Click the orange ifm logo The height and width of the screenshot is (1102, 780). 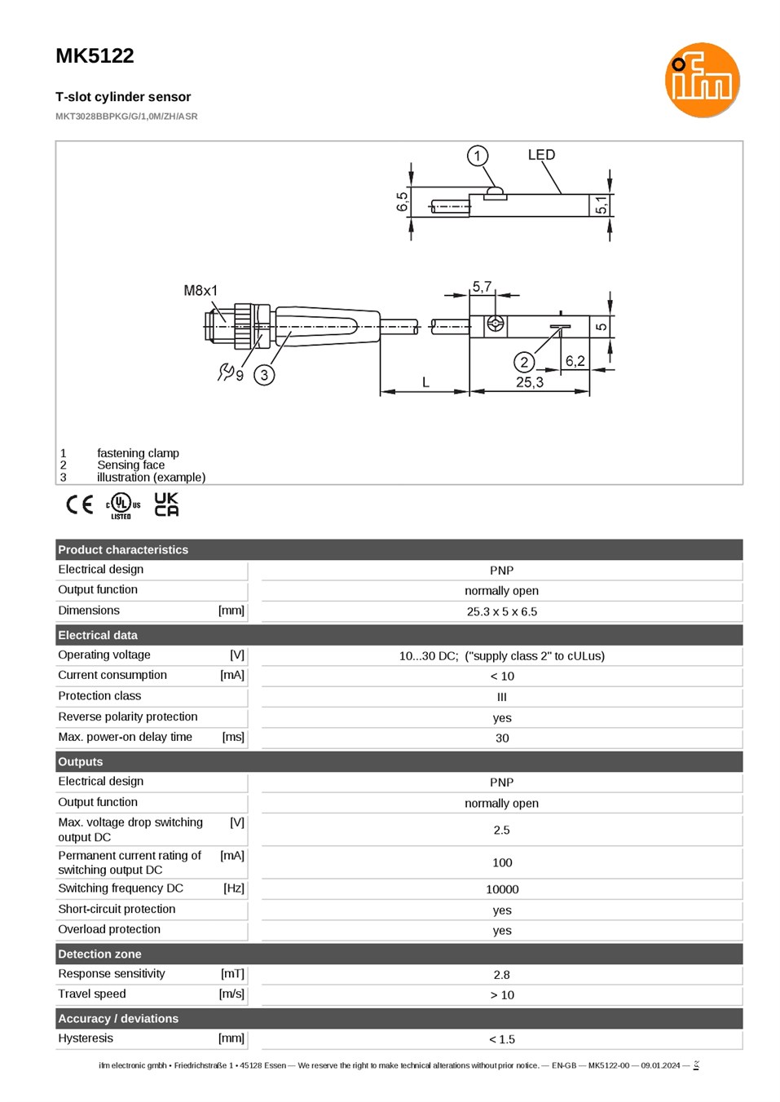pyautogui.click(x=702, y=80)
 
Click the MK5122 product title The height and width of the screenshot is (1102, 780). pyautogui.click(x=95, y=55)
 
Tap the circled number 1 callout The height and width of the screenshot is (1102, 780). pyautogui.click(x=477, y=156)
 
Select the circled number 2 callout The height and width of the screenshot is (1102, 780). pyautogui.click(x=524, y=363)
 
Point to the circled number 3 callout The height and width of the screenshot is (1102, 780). pyautogui.click(x=264, y=375)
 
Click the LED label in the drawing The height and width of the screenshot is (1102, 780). pyautogui.click(x=541, y=155)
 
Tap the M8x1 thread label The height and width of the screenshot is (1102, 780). pyautogui.click(x=201, y=290)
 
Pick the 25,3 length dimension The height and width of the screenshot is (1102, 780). pyautogui.click(x=530, y=381)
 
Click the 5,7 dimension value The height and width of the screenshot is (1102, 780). pyautogui.click(x=482, y=286)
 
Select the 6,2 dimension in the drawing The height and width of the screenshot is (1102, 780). pyautogui.click(x=575, y=361)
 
